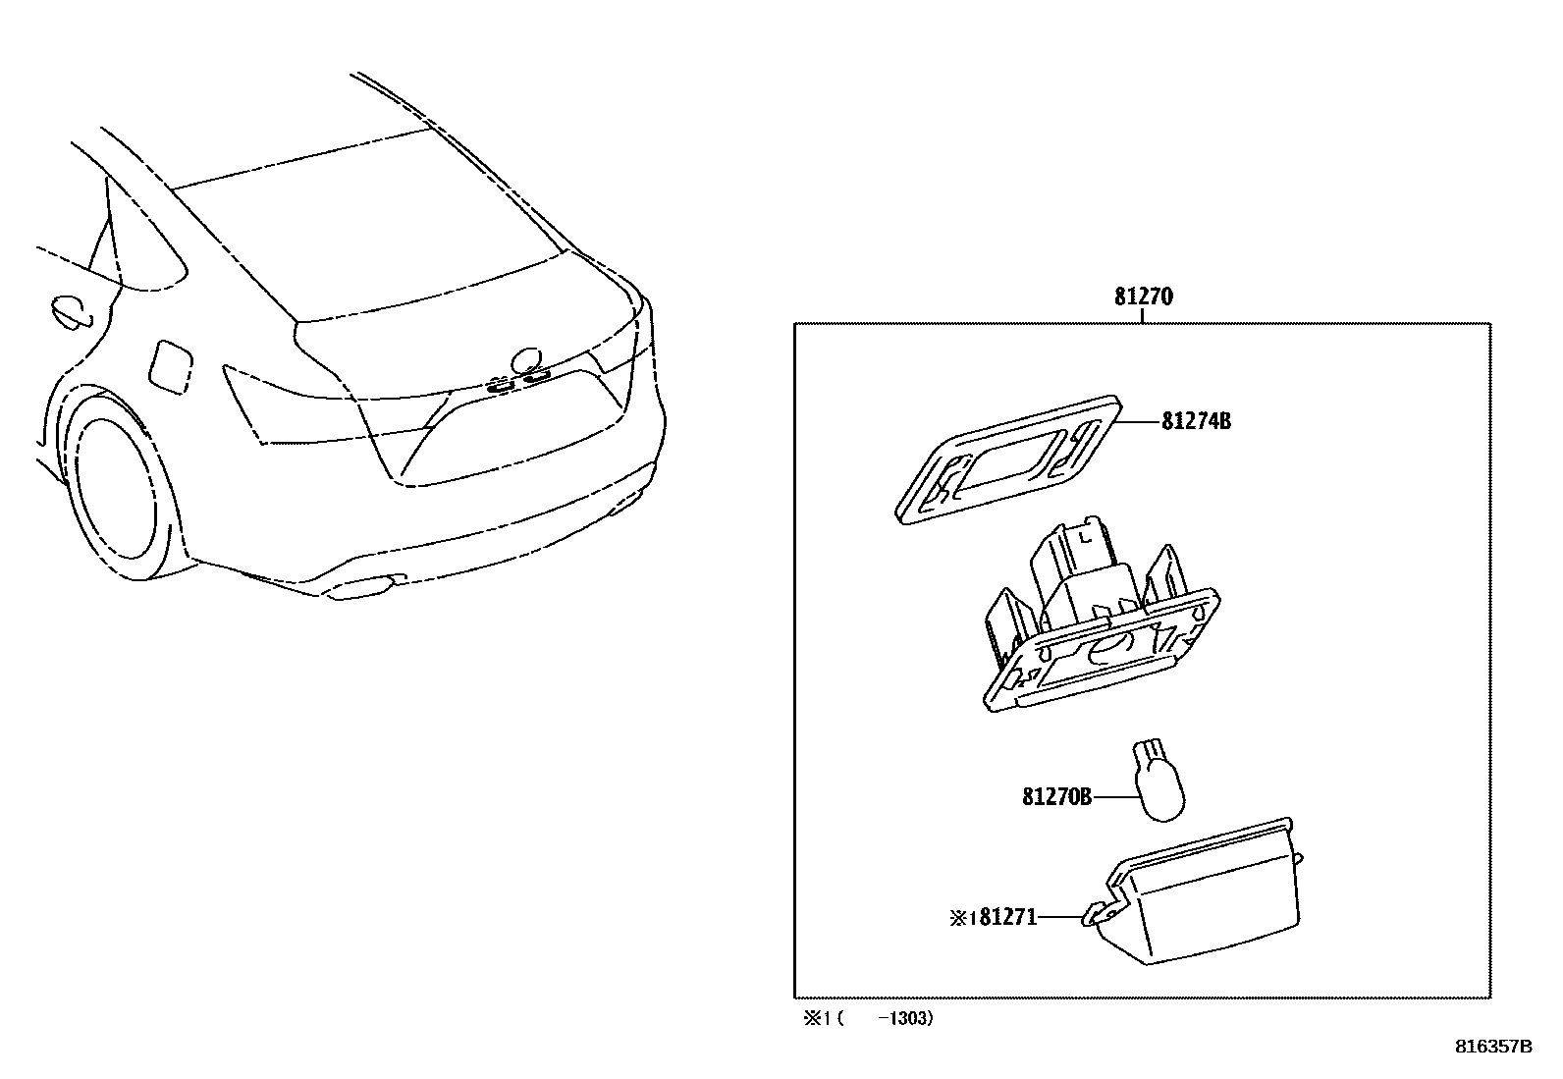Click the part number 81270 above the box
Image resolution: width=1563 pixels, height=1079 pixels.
tap(1144, 297)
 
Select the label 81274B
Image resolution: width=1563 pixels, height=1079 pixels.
tap(1196, 421)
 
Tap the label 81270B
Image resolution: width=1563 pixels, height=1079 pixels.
tap(1056, 797)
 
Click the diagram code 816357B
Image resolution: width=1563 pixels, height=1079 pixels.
tap(1492, 1047)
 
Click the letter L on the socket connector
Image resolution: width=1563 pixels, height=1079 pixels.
tap(1084, 537)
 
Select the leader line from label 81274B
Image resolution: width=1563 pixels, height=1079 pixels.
tap(1139, 421)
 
